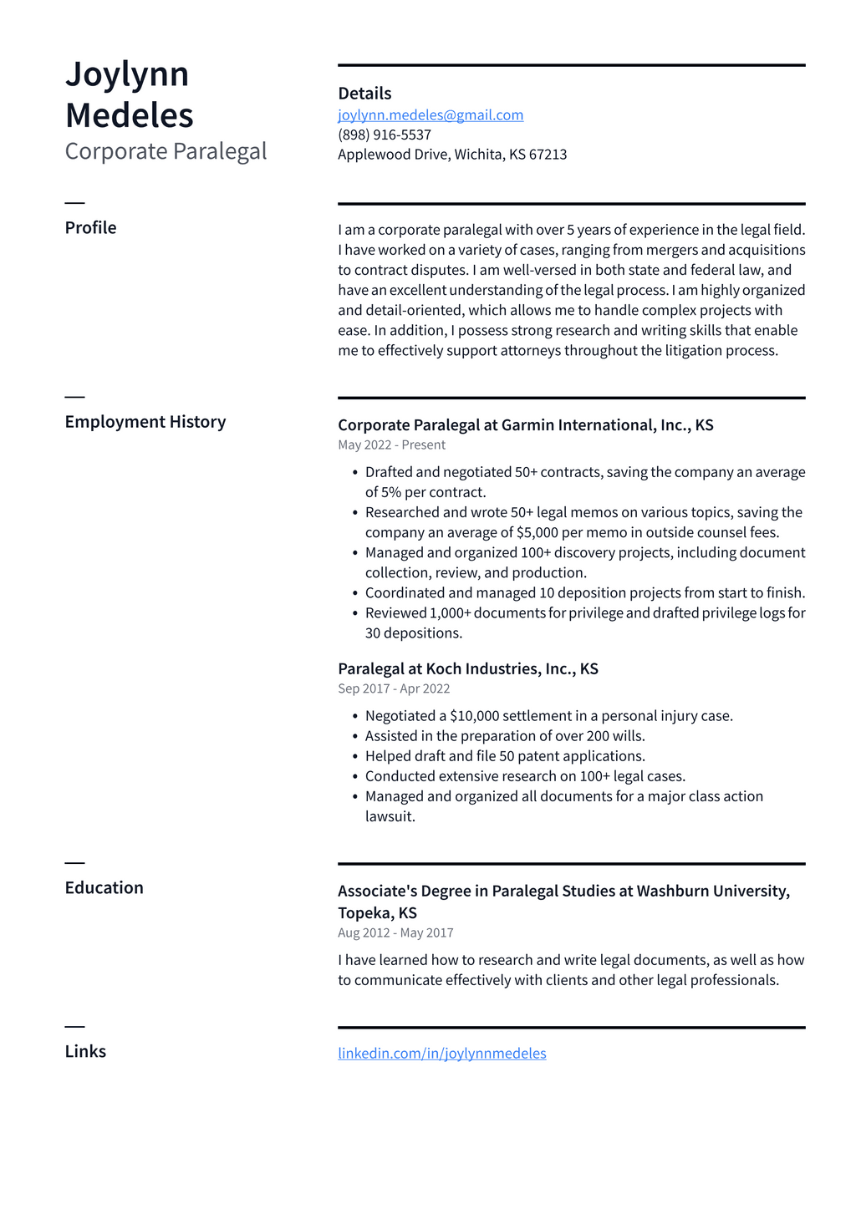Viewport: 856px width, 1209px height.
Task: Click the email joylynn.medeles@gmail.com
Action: pyautogui.click(x=431, y=115)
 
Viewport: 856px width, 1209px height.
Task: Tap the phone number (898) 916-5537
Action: pyautogui.click(x=385, y=135)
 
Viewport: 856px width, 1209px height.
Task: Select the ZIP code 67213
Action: pyautogui.click(x=548, y=155)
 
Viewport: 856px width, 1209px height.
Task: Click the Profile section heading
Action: pyautogui.click(x=90, y=228)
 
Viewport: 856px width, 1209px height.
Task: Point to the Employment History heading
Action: pyautogui.click(x=145, y=422)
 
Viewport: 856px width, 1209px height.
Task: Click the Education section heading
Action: pyautogui.click(x=104, y=888)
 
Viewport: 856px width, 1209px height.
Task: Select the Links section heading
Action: pyautogui.click(x=85, y=1052)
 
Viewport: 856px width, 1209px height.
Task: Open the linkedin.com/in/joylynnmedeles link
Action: pyautogui.click(x=441, y=1054)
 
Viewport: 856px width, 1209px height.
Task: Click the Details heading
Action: pyautogui.click(x=364, y=94)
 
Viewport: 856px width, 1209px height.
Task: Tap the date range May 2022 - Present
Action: pyautogui.click(x=391, y=445)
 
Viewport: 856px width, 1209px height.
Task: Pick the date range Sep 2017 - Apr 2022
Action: pyautogui.click(x=394, y=689)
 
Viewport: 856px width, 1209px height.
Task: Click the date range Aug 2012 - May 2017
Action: pyautogui.click(x=395, y=933)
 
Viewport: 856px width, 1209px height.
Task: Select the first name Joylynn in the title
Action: pyautogui.click(x=127, y=74)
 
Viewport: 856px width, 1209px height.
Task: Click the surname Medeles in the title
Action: pyautogui.click(x=130, y=115)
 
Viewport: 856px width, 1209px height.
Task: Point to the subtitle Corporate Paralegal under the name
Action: pyautogui.click(x=166, y=151)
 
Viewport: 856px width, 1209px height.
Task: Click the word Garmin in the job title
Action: pyautogui.click(x=527, y=425)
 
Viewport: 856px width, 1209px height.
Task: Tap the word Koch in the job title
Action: pyautogui.click(x=443, y=669)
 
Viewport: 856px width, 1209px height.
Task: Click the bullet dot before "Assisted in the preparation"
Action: pyautogui.click(x=355, y=736)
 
